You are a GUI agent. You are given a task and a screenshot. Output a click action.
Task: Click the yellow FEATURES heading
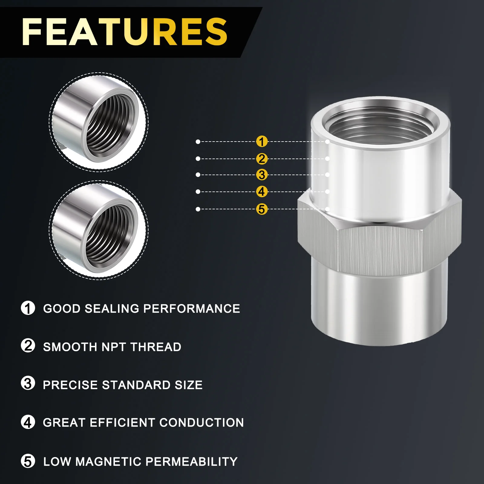pyautogui.click(x=124, y=32)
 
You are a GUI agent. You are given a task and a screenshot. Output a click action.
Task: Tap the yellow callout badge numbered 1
pyautogui.click(x=262, y=141)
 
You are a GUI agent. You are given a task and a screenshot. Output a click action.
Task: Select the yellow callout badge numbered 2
pyautogui.click(x=262, y=159)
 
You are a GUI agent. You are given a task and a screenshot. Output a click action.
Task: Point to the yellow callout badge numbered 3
pyautogui.click(x=262, y=175)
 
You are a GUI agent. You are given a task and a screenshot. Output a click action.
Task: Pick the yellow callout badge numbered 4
pyautogui.click(x=262, y=191)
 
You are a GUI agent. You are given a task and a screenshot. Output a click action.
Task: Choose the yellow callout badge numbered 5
pyautogui.click(x=262, y=209)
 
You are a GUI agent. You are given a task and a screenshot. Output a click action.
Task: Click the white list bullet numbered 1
pyautogui.click(x=28, y=308)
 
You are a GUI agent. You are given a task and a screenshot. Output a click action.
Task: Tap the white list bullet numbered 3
pyautogui.click(x=28, y=383)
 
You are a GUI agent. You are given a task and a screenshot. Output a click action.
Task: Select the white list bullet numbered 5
pyautogui.click(x=28, y=461)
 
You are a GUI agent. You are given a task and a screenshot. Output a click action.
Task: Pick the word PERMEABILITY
pyautogui.click(x=191, y=462)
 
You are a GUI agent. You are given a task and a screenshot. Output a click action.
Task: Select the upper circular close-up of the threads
pyautogui.click(x=99, y=122)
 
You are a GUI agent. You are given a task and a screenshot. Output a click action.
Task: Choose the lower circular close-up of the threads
pyautogui.click(x=99, y=230)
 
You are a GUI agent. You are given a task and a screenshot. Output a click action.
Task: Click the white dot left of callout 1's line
pyautogui.click(x=198, y=142)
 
